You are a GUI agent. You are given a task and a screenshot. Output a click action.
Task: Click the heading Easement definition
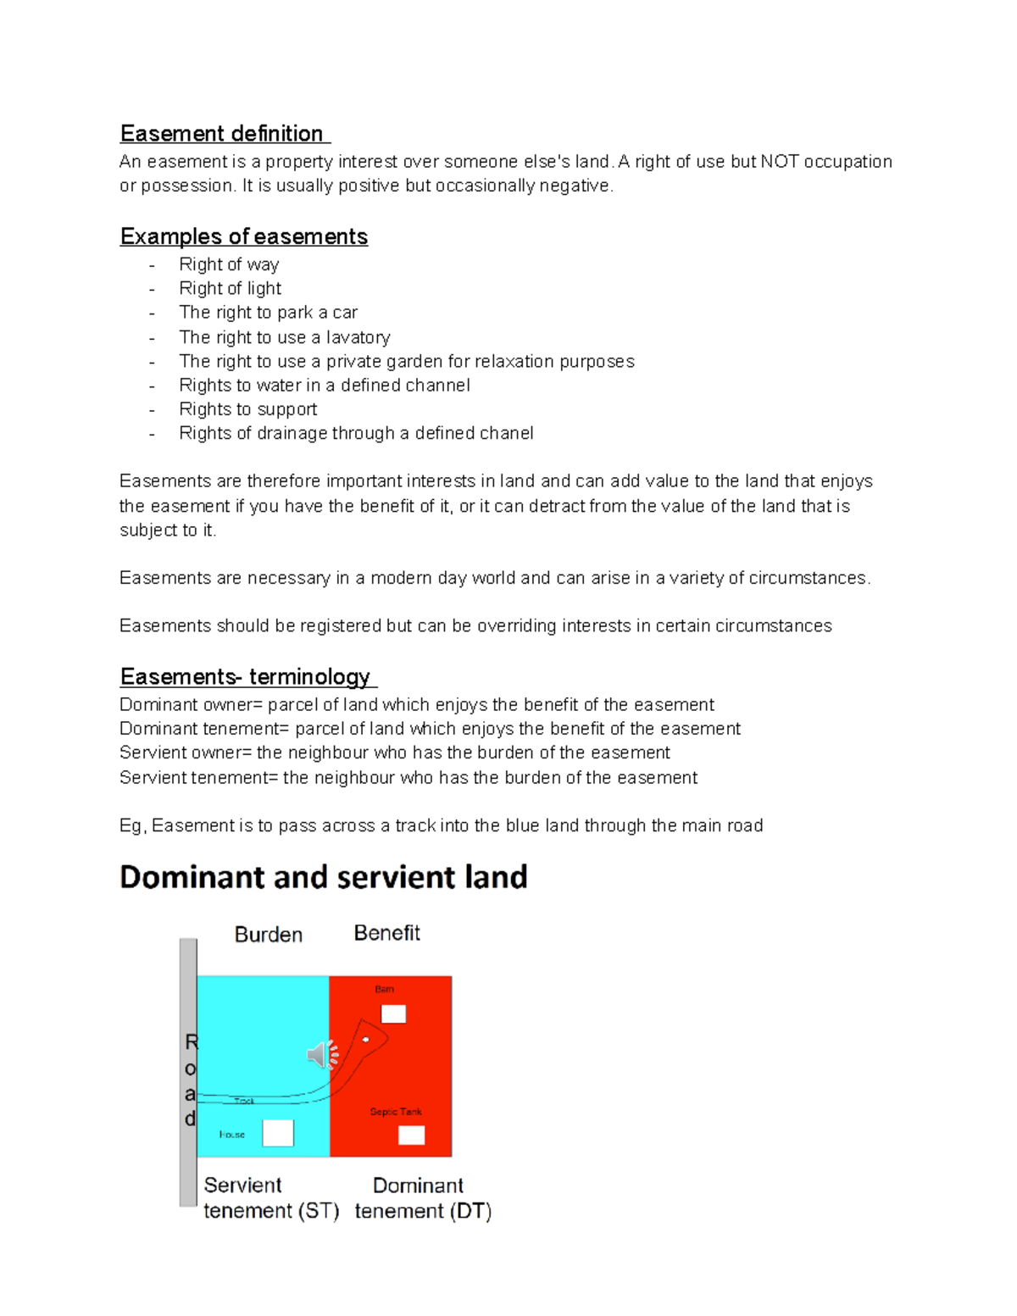[222, 134]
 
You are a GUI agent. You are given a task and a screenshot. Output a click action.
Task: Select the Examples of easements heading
[244, 236]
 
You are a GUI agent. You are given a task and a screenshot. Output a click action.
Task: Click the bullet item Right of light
[230, 289]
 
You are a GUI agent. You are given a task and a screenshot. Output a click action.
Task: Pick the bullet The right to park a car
[268, 313]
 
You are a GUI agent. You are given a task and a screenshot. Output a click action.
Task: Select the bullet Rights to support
[247, 409]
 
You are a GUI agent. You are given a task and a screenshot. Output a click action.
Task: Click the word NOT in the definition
[780, 162]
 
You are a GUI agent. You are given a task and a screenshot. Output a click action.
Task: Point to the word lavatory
[358, 337]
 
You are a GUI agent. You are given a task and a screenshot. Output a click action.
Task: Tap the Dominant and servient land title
[324, 877]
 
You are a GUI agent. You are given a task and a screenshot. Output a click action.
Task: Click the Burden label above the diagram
[268, 935]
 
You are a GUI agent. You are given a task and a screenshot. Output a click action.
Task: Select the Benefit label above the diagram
[386, 933]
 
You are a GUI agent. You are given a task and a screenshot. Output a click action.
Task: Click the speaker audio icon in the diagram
[321, 1054]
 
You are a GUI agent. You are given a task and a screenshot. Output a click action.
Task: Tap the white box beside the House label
[278, 1133]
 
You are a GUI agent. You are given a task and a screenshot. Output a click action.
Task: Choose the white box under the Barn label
[393, 1013]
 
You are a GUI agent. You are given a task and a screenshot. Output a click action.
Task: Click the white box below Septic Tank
[411, 1135]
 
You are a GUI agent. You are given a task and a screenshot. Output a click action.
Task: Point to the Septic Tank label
[396, 1112]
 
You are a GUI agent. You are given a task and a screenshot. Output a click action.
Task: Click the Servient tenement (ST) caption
[270, 1198]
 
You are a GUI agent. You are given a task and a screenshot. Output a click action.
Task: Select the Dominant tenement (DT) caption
[422, 1198]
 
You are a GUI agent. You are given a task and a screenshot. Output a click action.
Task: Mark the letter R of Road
[192, 1042]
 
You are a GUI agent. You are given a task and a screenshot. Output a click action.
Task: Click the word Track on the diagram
[244, 1101]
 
